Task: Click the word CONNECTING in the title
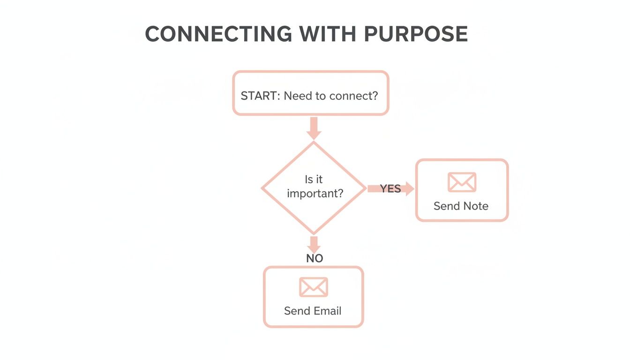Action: click(x=217, y=35)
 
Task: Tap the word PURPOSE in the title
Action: click(x=415, y=35)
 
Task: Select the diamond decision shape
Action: click(x=313, y=187)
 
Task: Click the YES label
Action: click(x=390, y=188)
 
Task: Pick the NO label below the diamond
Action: click(x=315, y=258)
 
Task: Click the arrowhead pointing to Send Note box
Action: click(x=409, y=188)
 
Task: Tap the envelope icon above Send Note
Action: click(x=462, y=182)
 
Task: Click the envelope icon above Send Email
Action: click(x=313, y=287)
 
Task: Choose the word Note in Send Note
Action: click(x=476, y=206)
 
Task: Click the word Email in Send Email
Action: click(x=326, y=311)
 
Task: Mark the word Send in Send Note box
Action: click(x=446, y=206)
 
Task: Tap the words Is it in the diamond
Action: click(x=314, y=180)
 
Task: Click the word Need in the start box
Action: click(x=297, y=96)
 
